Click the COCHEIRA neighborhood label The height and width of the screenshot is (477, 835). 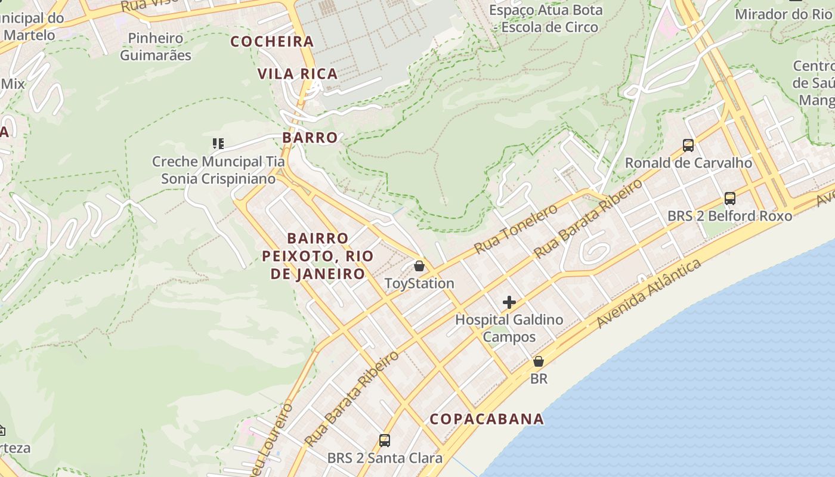272,42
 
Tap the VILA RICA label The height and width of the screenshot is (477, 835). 298,74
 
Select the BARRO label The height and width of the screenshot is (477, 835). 310,138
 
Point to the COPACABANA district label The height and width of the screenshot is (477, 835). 487,419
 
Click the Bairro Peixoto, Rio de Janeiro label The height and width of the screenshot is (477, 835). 318,256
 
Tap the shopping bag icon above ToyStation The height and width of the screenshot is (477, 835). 419,266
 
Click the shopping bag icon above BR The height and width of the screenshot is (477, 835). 539,361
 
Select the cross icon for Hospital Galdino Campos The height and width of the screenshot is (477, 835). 509,302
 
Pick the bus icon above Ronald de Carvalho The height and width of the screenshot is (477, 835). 688,145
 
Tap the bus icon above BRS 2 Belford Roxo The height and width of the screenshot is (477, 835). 729,199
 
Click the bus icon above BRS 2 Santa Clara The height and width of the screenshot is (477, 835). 385,441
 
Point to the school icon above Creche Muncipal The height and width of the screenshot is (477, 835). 218,144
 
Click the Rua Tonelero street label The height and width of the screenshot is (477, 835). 516,228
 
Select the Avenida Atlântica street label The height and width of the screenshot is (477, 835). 649,293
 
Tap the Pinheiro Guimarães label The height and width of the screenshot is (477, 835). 156,47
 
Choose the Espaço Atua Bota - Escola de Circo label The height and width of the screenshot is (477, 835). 546,18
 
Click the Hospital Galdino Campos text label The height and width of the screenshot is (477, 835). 509,328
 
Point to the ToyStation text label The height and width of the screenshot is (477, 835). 419,283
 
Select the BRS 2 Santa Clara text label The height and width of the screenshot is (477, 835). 385,458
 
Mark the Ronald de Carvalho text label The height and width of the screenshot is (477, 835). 688,163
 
